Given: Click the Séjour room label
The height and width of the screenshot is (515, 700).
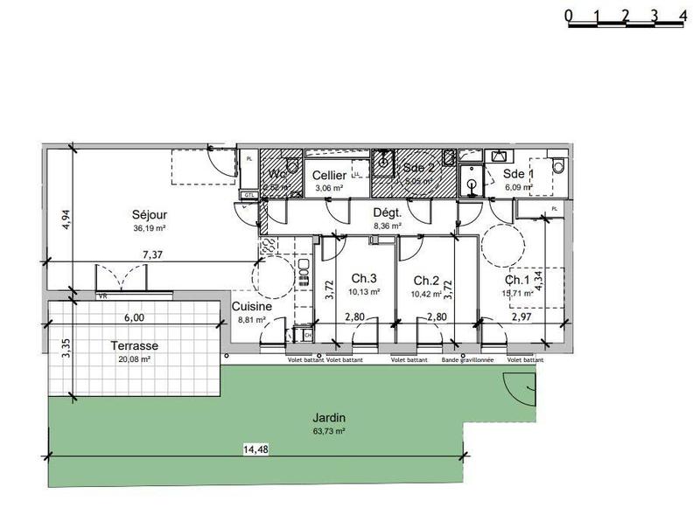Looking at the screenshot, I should click(x=150, y=214).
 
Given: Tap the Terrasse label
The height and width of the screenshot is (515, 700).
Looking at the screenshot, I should click(x=135, y=345).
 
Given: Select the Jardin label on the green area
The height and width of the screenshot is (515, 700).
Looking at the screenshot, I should click(x=325, y=418).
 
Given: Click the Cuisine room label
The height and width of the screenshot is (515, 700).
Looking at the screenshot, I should click(x=251, y=307).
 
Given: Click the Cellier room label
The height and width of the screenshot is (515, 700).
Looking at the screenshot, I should click(x=329, y=175).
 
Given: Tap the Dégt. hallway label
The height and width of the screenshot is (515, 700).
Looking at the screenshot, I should click(x=387, y=212).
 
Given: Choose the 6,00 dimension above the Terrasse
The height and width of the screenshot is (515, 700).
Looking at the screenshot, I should click(x=133, y=318).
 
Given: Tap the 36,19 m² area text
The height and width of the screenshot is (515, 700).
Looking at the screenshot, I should click(x=150, y=227).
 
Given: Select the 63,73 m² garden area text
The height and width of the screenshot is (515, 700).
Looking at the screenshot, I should click(x=325, y=431).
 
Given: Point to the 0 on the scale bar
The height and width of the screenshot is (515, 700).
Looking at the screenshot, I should click(x=569, y=15).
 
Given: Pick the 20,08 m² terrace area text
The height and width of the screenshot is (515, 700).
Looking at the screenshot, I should click(x=135, y=358).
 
